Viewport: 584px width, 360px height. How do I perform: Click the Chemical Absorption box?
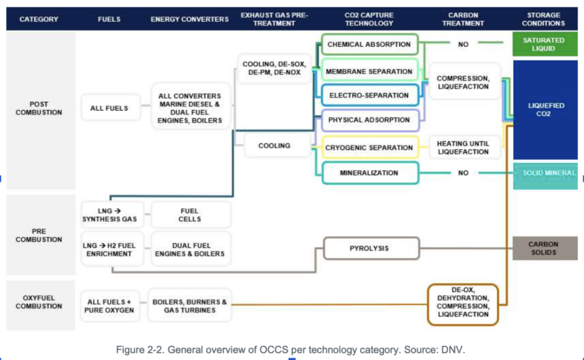tap(370, 45)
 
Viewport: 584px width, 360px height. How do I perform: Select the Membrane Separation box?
tap(370, 71)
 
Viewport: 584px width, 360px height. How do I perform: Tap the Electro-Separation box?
tap(370, 95)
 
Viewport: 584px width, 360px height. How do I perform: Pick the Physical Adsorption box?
tap(370, 120)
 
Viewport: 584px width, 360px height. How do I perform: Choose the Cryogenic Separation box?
tap(370, 148)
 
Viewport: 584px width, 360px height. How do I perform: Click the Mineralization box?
tap(370, 173)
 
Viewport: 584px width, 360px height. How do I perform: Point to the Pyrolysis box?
tap(371, 248)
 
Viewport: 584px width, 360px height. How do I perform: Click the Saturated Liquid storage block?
tap(545, 45)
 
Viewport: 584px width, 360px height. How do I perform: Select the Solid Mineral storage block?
tap(545, 176)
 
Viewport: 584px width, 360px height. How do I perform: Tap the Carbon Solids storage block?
tap(545, 248)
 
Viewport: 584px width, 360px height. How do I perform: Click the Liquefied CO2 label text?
tap(544, 110)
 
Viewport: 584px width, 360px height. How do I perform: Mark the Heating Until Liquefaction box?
tap(463, 148)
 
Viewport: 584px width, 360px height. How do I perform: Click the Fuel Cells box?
tap(190, 215)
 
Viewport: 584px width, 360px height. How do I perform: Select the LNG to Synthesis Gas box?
tap(110, 215)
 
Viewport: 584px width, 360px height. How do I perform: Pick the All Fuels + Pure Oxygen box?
tap(109, 306)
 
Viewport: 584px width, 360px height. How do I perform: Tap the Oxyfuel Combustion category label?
tap(39, 302)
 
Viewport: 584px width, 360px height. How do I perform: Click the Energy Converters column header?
tap(189, 19)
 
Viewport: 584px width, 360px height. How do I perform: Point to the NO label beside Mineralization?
tap(463, 173)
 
